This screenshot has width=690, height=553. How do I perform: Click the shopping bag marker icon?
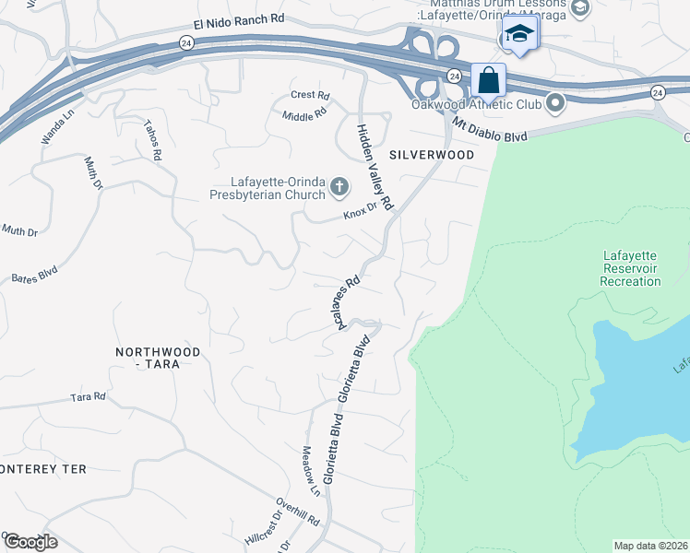[488, 80]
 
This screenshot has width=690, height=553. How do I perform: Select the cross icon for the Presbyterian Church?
[339, 188]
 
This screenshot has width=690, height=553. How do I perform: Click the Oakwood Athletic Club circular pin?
[555, 103]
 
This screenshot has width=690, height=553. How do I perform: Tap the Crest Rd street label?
[310, 95]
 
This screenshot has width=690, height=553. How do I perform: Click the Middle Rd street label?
[304, 115]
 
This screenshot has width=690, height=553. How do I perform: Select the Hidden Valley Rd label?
[375, 166]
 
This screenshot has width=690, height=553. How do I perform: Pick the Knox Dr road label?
[361, 212]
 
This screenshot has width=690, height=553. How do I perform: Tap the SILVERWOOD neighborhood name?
[431, 155]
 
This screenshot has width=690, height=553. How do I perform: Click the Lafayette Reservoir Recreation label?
[630, 268]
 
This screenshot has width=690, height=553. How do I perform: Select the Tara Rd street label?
[89, 397]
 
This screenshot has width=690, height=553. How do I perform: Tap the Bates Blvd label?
[35, 275]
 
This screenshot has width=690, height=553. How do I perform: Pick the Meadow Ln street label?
[310, 471]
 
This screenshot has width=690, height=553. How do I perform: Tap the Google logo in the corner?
[30, 541]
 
